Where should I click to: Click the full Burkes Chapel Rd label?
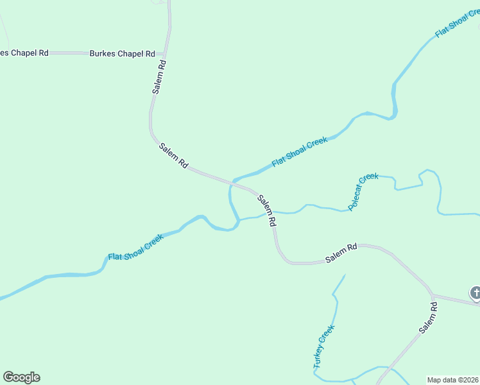pos(123,53)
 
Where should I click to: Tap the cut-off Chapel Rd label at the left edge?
pos(24,53)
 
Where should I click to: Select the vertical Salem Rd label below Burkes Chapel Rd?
pos(160,78)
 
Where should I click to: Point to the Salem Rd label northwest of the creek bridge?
pos(173,155)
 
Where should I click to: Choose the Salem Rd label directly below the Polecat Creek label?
pos(341,253)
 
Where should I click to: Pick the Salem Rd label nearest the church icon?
pos(429,317)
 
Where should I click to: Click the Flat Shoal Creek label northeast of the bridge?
pos(300,152)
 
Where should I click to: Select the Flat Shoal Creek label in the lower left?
pos(135,247)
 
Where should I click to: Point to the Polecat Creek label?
pos(363,192)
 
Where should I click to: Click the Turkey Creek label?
pos(324,346)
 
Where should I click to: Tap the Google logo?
pos(21,377)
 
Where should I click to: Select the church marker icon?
pos(476,294)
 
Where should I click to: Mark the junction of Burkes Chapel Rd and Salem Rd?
pos(166,53)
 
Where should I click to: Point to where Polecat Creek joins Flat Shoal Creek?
pos(239,221)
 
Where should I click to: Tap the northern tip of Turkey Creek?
pos(345,275)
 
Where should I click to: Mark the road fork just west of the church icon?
pos(432,295)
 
